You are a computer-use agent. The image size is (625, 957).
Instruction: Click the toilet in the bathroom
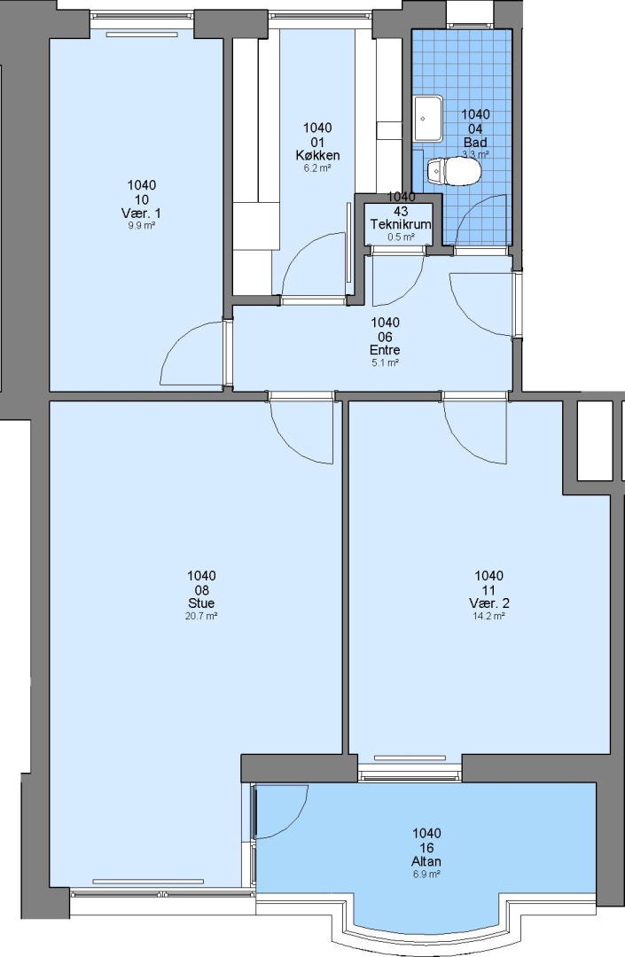(x=454, y=172)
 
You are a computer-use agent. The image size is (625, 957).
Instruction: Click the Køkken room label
(x=317, y=156)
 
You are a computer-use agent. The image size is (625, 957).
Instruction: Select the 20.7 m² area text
(x=201, y=617)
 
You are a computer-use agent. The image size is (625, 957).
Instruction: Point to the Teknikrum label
(x=401, y=224)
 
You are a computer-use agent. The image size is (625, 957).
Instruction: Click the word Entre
(x=385, y=350)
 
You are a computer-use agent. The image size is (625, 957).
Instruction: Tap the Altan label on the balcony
(x=426, y=862)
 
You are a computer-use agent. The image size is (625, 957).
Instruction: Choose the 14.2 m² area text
(x=488, y=617)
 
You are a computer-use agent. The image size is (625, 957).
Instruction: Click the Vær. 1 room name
(x=141, y=214)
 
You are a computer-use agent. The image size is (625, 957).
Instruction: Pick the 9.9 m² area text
(x=141, y=226)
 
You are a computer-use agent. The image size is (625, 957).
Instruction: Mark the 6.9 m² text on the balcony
(x=426, y=874)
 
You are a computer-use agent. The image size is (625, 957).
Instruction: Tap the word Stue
(x=201, y=603)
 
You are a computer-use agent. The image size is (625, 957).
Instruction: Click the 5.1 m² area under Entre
(x=385, y=363)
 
